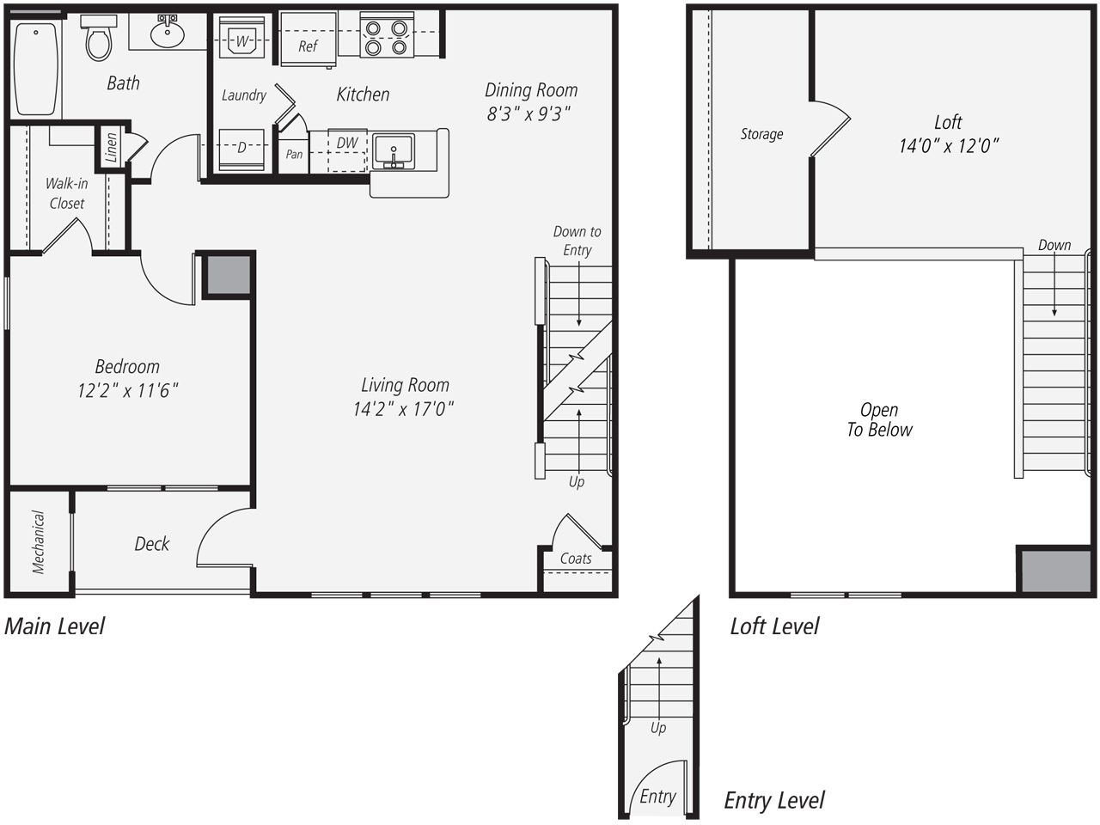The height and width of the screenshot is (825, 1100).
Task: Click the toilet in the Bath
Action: (x=99, y=40)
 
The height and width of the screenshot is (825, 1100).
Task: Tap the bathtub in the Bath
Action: (x=36, y=69)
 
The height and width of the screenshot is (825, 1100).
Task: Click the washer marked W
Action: (x=241, y=40)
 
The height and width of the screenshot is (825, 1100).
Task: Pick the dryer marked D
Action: (x=241, y=148)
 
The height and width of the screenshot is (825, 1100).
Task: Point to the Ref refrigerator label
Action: (x=308, y=46)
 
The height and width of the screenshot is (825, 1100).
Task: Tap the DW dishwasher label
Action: (x=347, y=144)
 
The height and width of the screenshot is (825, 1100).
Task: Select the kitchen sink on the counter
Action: (x=394, y=151)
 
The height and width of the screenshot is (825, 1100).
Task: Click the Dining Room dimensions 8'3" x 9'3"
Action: (x=529, y=114)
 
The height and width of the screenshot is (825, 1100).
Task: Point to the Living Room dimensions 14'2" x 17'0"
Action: (x=403, y=409)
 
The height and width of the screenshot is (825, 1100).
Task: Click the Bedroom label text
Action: (x=127, y=367)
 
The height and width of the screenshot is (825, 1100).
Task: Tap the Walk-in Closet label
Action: (x=66, y=193)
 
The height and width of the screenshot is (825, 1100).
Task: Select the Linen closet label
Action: (x=111, y=148)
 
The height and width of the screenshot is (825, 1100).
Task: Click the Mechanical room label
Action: (x=39, y=541)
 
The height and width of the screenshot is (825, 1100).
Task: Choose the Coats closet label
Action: (x=576, y=559)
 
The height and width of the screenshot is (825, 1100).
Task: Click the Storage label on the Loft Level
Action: (x=761, y=134)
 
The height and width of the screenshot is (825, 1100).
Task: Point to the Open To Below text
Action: (x=879, y=420)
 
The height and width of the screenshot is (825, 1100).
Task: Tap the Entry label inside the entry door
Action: (x=657, y=797)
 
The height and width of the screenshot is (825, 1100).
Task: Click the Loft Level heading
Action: (x=774, y=626)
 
